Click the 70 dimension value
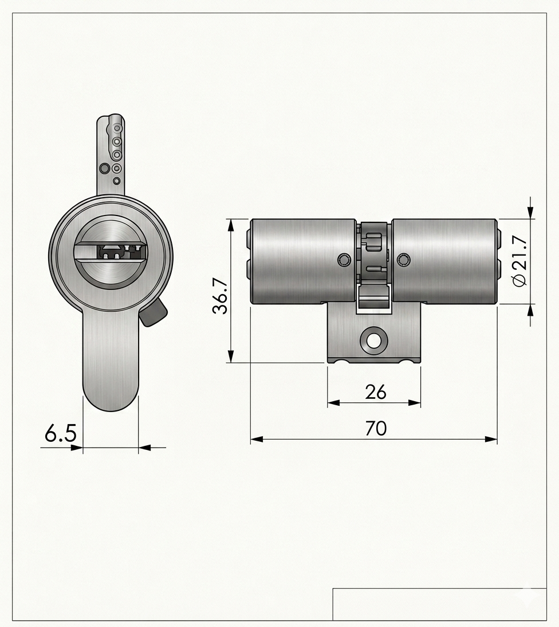(376, 428)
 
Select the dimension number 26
(376, 392)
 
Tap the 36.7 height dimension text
(221, 296)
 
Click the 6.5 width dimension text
(61, 434)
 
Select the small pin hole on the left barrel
(343, 260)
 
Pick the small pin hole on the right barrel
(404, 260)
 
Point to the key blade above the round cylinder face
(110, 155)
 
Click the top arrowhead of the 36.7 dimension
(231, 224)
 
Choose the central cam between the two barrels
(374, 252)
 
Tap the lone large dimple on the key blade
(104, 168)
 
